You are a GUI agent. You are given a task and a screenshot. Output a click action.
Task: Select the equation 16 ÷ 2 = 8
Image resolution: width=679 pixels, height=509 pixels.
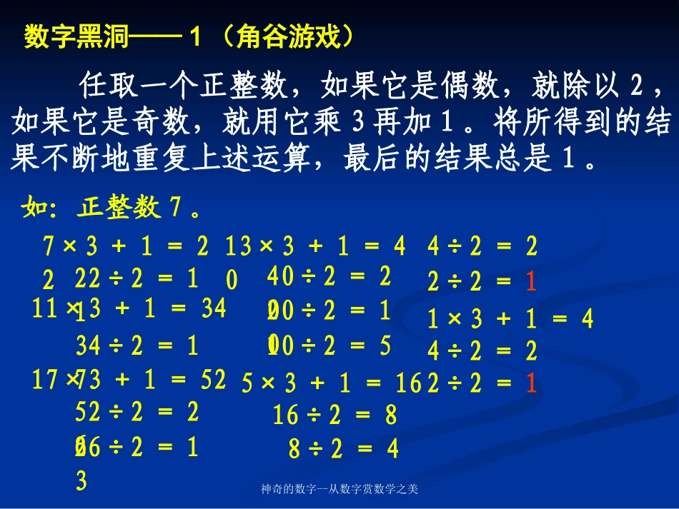coord(334,415)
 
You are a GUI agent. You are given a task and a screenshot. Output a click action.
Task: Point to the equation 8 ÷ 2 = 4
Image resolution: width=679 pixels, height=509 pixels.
coord(343,448)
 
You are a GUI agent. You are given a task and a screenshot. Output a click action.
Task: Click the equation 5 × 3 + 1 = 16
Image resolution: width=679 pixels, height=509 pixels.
coord(332,383)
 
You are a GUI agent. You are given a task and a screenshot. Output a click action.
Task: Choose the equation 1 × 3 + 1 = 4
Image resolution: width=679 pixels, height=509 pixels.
coord(510,319)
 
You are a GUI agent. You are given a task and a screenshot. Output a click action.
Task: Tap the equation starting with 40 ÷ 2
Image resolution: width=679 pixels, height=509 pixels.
coord(329,276)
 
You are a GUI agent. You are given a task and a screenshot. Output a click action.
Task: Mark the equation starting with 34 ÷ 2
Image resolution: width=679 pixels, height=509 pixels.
coord(137,346)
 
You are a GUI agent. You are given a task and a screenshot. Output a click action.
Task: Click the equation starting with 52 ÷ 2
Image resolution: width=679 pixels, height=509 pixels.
coord(137,411)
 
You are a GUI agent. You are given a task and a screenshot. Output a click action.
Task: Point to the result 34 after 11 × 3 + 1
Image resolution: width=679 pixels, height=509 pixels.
coord(213,308)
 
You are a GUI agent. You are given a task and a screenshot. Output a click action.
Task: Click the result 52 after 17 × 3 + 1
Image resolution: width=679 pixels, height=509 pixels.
coord(213,379)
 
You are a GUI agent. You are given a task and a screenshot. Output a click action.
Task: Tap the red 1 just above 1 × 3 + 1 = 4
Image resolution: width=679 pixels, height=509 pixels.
coord(530,283)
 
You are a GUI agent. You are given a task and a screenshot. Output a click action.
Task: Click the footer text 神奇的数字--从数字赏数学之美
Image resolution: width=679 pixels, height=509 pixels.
coord(339,490)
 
